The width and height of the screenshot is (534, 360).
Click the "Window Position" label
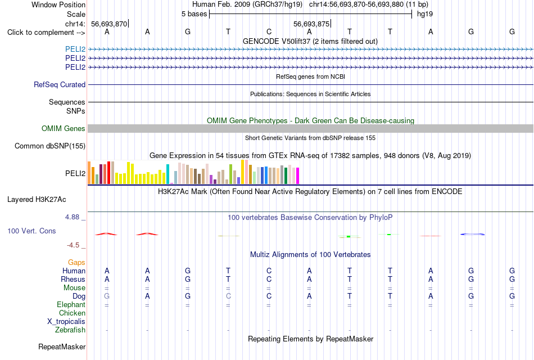[x=58, y=4]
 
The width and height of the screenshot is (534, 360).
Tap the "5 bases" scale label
[x=194, y=14]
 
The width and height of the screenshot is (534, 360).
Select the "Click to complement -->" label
[x=46, y=33]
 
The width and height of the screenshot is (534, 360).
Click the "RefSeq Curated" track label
[x=60, y=84]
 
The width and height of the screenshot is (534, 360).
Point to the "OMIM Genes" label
[x=64, y=128]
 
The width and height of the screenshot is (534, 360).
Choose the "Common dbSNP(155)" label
[x=50, y=146]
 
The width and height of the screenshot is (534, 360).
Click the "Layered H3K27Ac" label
[x=37, y=200]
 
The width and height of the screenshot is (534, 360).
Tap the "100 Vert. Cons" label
[x=31, y=231]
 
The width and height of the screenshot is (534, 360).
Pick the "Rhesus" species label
[x=73, y=279]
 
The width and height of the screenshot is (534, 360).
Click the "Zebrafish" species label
[x=70, y=330]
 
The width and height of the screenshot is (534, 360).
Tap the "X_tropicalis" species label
[x=66, y=322]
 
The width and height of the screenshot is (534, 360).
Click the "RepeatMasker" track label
[x=62, y=346]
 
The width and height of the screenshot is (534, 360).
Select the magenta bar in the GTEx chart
[x=298, y=176]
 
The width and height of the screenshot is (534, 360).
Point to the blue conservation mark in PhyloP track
[x=472, y=234]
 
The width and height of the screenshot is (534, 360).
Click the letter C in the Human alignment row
[x=269, y=271]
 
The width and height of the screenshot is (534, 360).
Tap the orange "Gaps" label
[x=76, y=263]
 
